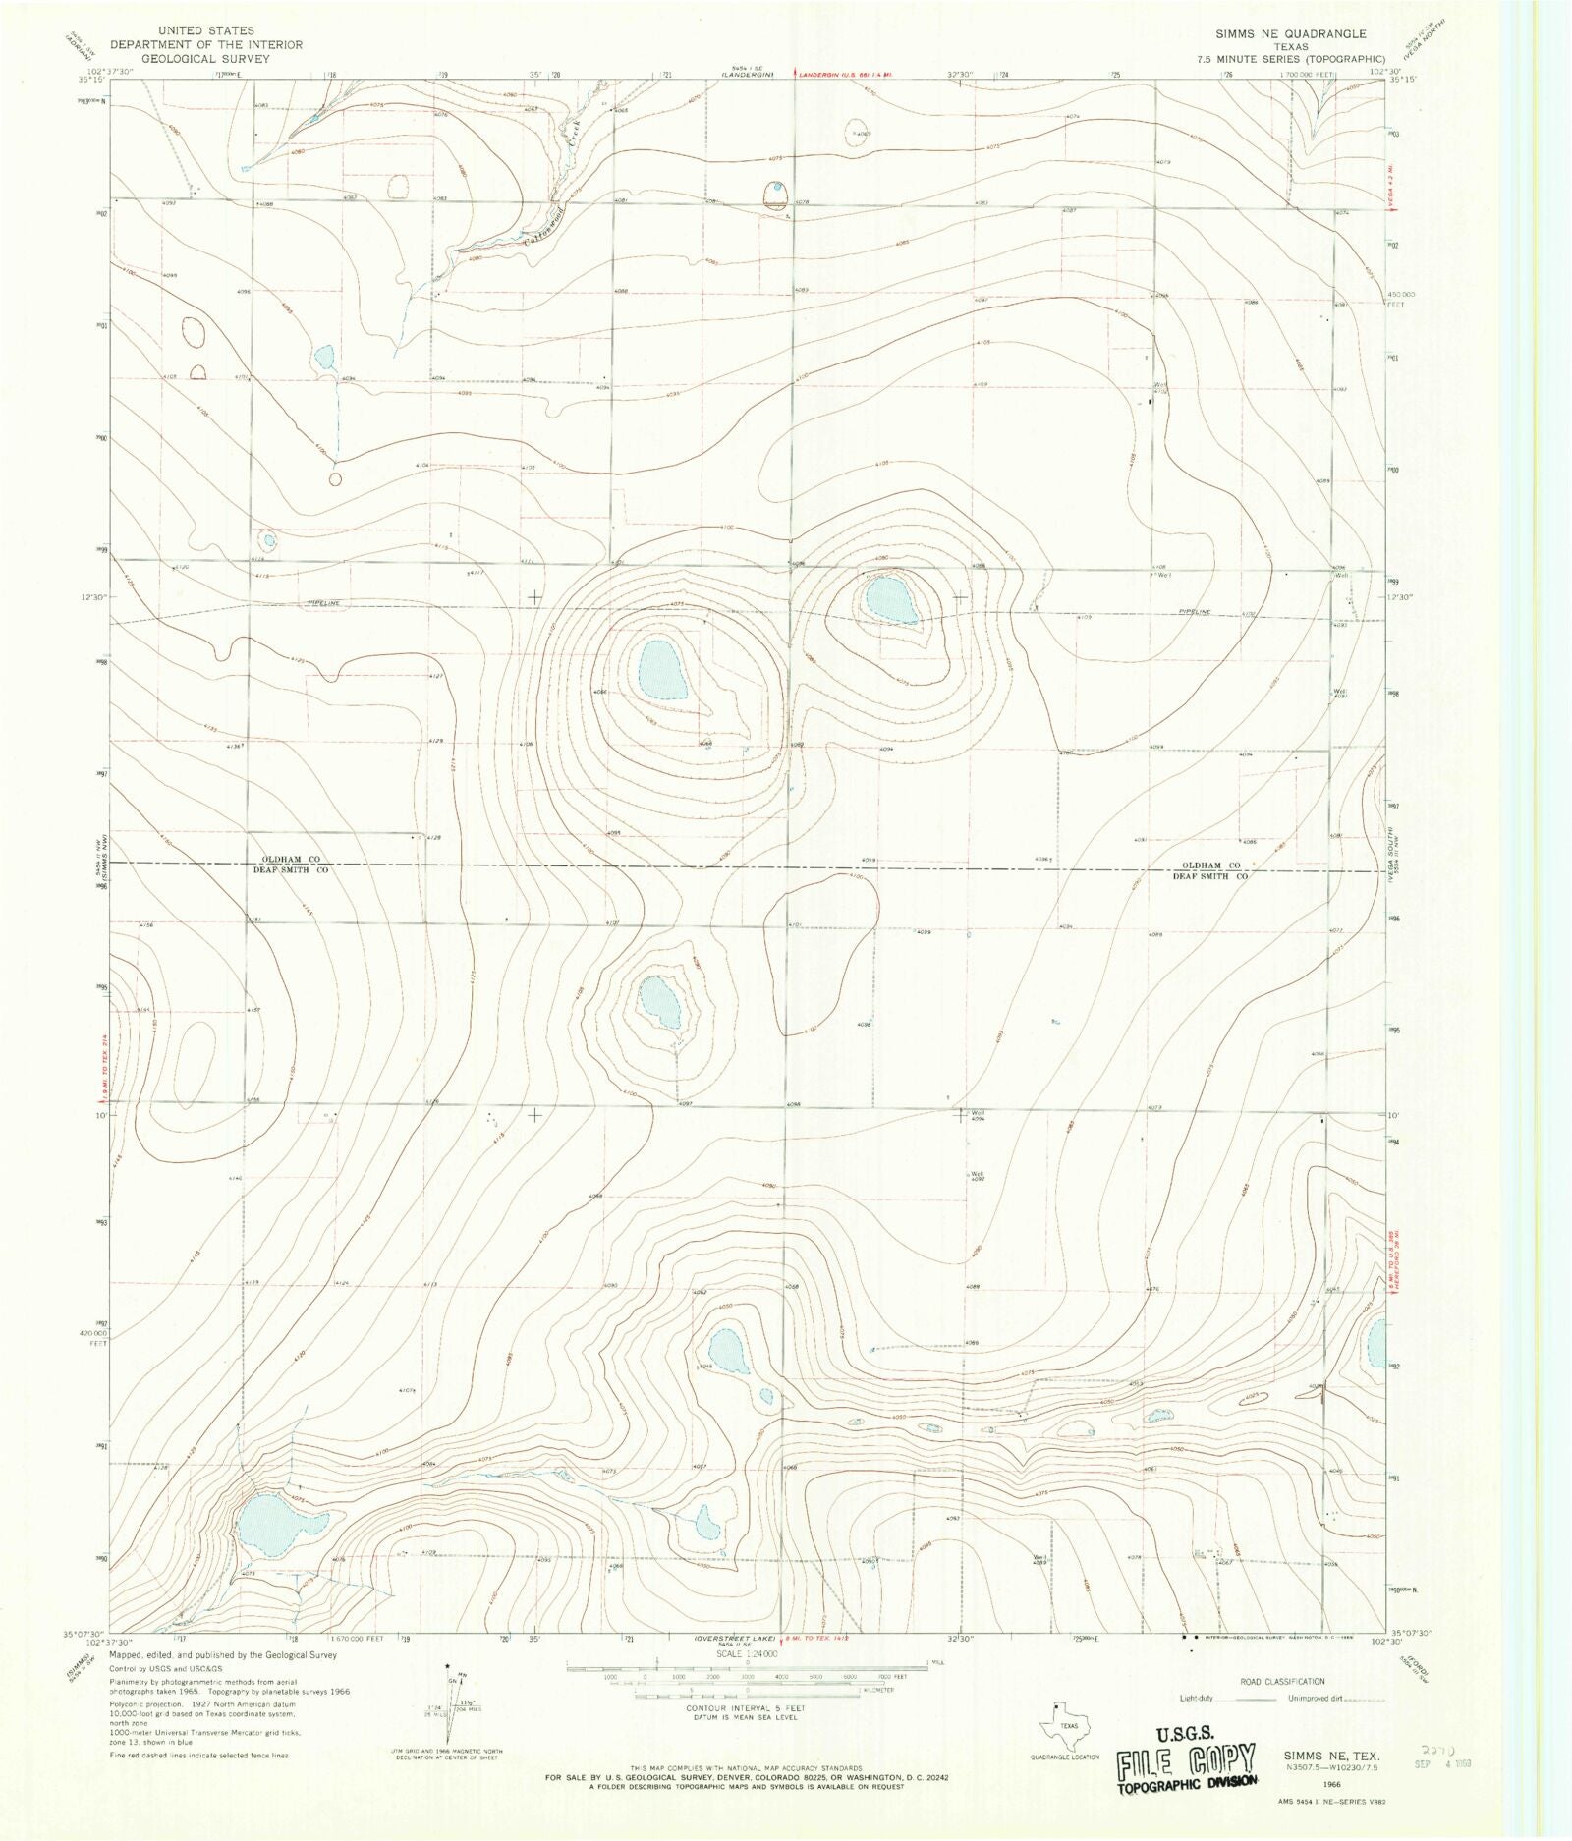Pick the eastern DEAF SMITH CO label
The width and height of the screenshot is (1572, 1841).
(1209, 875)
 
